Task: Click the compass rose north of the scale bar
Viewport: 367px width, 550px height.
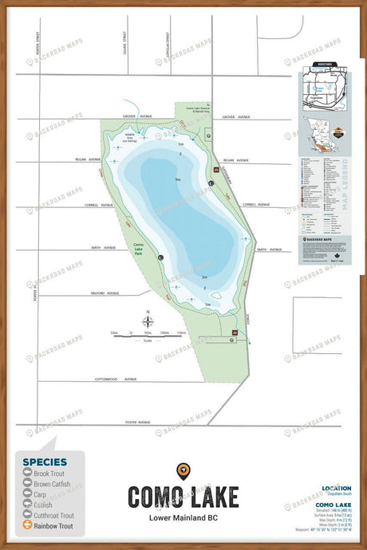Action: click(148, 322)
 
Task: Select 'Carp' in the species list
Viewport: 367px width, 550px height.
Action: click(40, 494)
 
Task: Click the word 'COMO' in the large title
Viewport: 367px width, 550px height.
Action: click(155, 497)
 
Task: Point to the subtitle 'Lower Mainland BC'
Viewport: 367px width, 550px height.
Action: click(183, 520)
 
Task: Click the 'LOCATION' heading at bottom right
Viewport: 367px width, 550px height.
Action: click(336, 488)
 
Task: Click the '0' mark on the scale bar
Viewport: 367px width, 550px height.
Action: click(130, 332)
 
